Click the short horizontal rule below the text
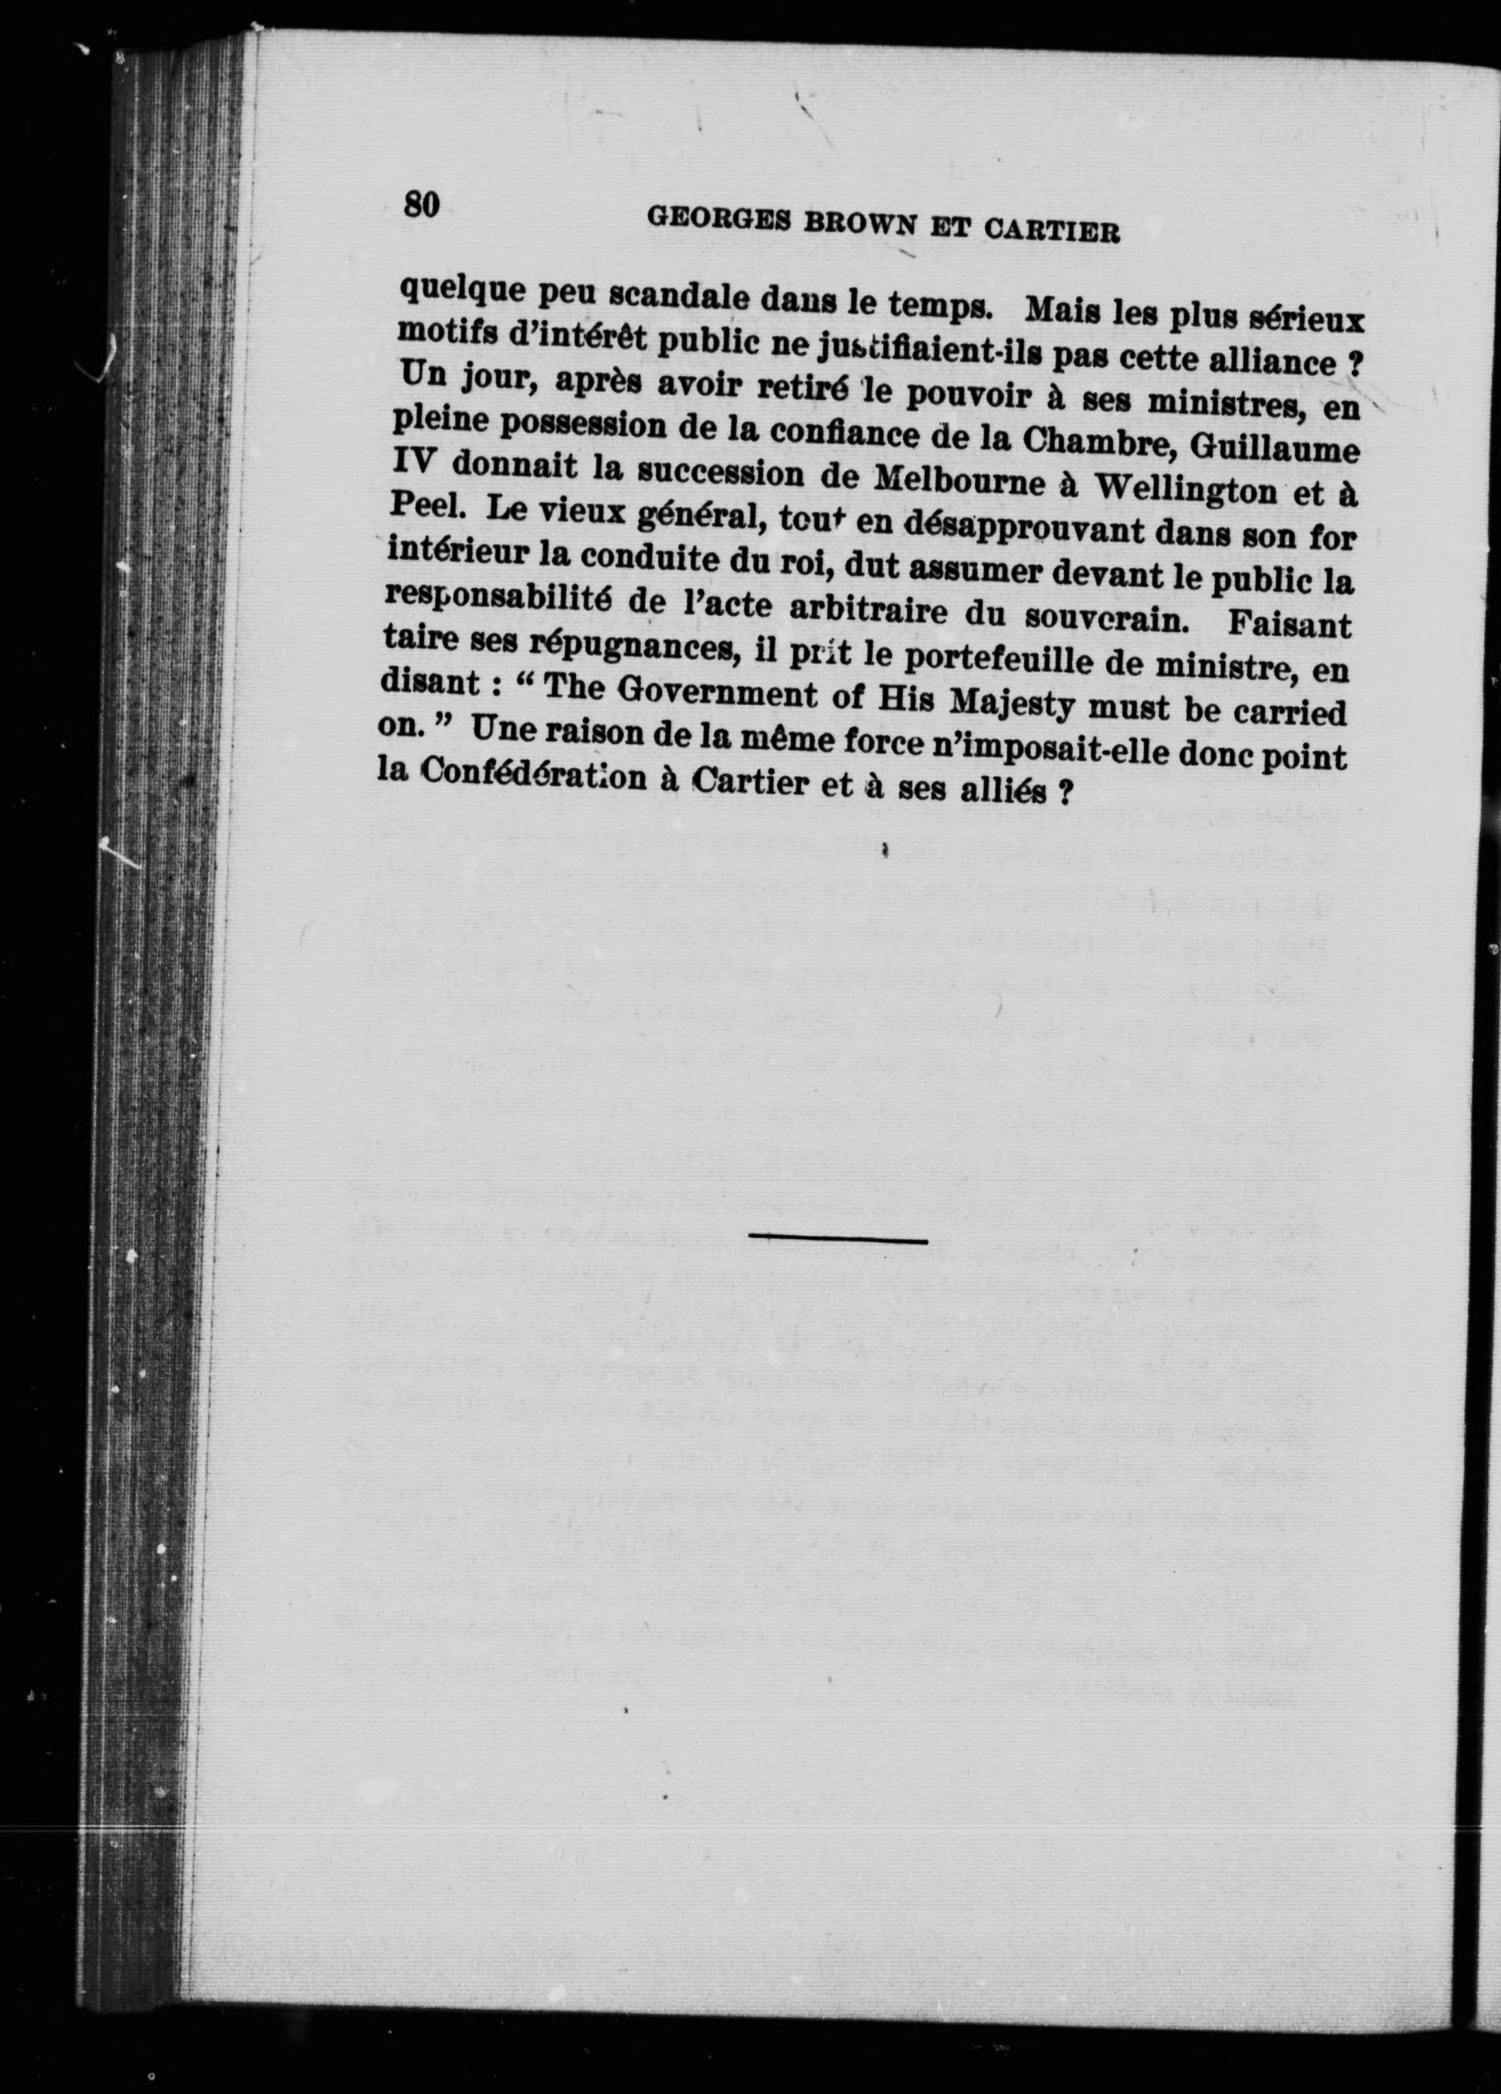(x=838, y=1239)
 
